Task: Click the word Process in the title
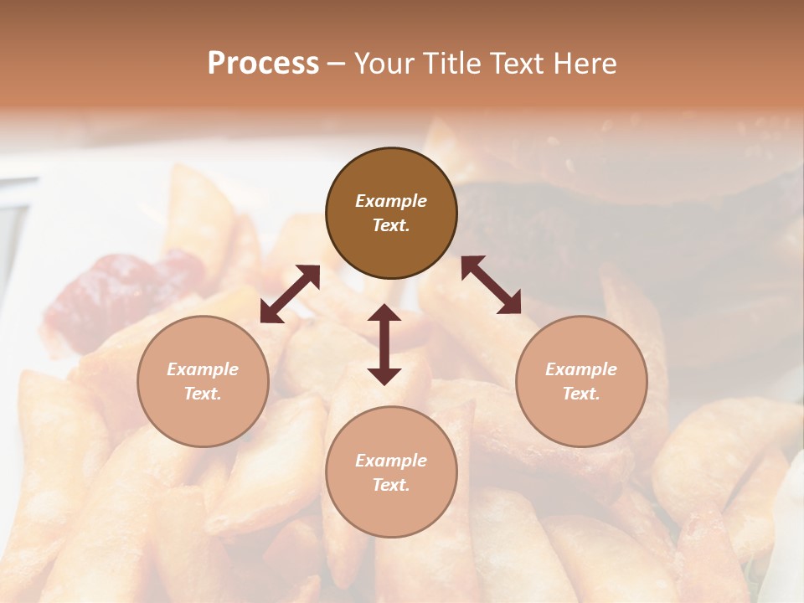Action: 263,64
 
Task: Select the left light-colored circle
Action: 203,381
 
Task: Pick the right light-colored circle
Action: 581,381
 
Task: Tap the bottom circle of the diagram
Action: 391,472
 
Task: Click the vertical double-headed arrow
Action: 384,344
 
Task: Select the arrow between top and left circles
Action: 290,293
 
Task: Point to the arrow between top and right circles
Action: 491,285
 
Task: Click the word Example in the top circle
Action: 391,201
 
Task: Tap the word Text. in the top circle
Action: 391,225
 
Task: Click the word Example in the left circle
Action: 203,369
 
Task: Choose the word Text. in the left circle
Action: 203,394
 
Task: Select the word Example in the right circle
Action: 581,369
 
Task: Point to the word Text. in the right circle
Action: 581,394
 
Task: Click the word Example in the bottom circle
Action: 391,461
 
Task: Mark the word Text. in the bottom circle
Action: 391,485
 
